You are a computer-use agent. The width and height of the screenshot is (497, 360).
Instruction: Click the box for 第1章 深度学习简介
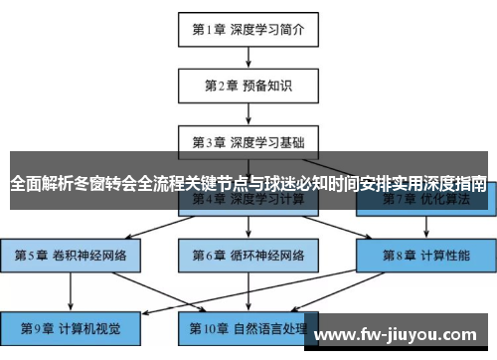coord(248,30)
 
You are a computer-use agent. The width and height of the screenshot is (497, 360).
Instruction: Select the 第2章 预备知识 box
coord(248,86)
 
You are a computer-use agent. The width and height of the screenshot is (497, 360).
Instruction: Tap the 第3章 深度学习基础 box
coord(248,141)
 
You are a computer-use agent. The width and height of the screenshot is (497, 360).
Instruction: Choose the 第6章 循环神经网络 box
coord(248,255)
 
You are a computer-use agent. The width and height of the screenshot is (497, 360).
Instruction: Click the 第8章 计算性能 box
coord(424,255)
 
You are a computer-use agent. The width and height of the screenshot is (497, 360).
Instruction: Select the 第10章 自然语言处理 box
coord(248,327)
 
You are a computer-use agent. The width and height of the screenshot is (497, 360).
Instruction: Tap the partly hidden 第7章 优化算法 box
coord(424,202)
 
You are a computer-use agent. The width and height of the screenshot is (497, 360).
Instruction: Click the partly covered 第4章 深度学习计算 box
coord(248,202)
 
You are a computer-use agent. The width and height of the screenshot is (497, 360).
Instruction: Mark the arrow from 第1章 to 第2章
coord(248,58)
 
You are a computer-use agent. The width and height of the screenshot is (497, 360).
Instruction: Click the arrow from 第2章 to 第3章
coord(248,113)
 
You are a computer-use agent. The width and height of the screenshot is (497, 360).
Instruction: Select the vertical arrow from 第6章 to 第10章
coord(248,290)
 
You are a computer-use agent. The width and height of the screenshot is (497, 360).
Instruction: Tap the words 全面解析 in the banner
coord(39,183)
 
